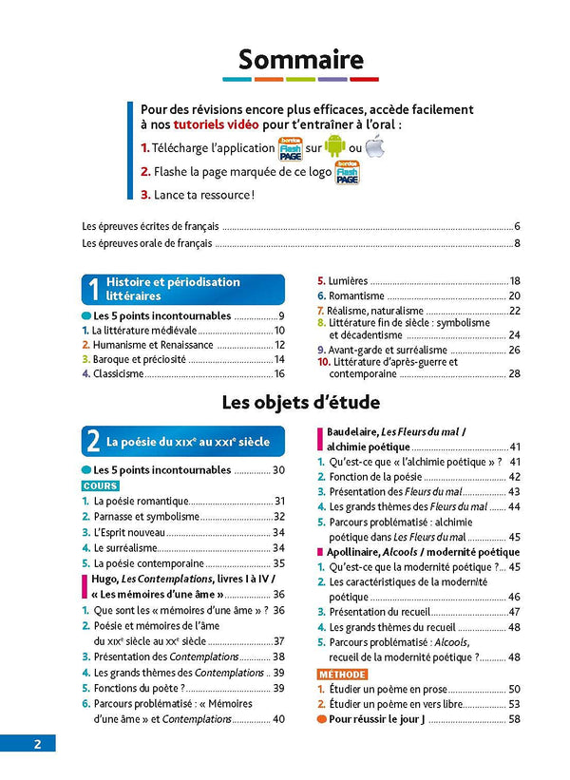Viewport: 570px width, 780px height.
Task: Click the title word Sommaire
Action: tap(300, 60)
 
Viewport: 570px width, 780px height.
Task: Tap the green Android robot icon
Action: tap(334, 148)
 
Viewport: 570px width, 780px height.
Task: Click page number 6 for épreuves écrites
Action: tap(518, 226)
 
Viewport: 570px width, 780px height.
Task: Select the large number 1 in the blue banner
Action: tap(93, 289)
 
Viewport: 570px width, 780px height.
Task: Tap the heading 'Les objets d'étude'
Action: tap(300, 402)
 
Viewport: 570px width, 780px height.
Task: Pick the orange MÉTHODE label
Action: tap(341, 674)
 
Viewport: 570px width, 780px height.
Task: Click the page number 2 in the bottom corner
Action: tap(37, 744)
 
